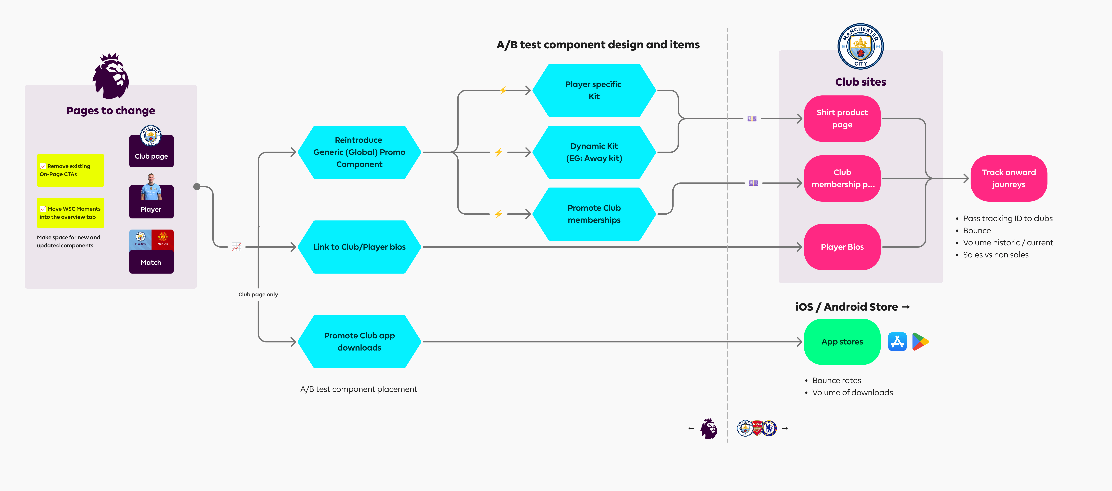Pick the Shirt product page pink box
tap(842, 118)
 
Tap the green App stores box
tap(842, 342)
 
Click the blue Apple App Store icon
tap(897, 342)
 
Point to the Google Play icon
tap(920, 342)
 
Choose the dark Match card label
tap(151, 262)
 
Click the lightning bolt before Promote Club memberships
tap(499, 214)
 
